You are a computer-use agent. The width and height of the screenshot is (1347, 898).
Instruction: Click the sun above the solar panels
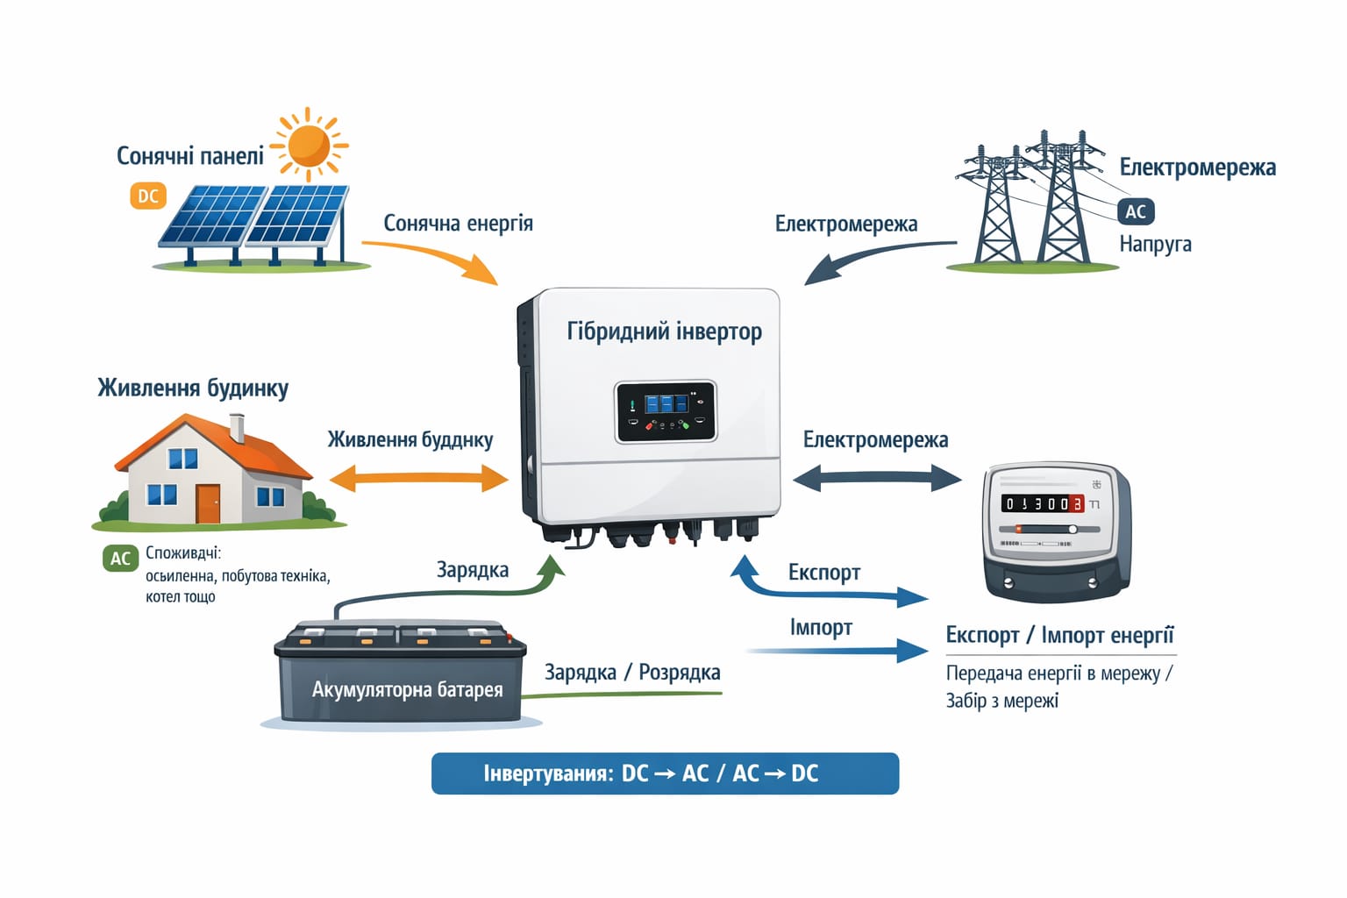pyautogui.click(x=308, y=145)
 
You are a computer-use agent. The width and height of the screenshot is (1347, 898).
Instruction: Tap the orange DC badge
pyautogui.click(x=148, y=196)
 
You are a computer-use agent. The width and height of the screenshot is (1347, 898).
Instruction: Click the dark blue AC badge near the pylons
pyautogui.click(x=1135, y=211)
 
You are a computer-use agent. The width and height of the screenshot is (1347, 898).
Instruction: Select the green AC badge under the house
pyautogui.click(x=120, y=559)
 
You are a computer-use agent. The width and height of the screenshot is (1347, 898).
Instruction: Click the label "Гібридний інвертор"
pyautogui.click(x=664, y=331)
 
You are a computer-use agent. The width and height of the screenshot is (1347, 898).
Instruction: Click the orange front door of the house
pyautogui.click(x=208, y=503)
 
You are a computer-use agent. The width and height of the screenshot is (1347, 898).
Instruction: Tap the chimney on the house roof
pyautogui.click(x=237, y=428)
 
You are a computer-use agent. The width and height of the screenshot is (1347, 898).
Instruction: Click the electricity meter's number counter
pyautogui.click(x=1043, y=503)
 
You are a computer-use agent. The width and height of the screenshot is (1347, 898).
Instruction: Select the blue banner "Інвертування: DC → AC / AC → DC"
pyautogui.click(x=665, y=773)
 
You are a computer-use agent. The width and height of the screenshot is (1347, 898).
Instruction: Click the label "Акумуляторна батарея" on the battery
pyautogui.click(x=408, y=689)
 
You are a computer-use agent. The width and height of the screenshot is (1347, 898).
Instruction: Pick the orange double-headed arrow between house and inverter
pyautogui.click(x=418, y=479)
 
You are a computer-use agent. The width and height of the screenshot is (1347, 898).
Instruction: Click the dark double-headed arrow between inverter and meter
pyautogui.click(x=877, y=478)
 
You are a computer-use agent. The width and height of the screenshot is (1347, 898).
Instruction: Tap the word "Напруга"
pyautogui.click(x=1155, y=244)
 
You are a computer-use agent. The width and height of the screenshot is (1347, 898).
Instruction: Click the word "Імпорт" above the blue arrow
pyautogui.click(x=821, y=628)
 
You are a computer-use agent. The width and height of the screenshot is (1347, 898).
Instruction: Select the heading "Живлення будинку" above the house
pyautogui.click(x=193, y=388)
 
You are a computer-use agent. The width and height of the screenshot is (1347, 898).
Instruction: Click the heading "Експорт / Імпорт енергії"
pyautogui.click(x=1059, y=635)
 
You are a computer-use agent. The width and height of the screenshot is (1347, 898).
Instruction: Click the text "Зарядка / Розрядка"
pyautogui.click(x=632, y=673)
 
